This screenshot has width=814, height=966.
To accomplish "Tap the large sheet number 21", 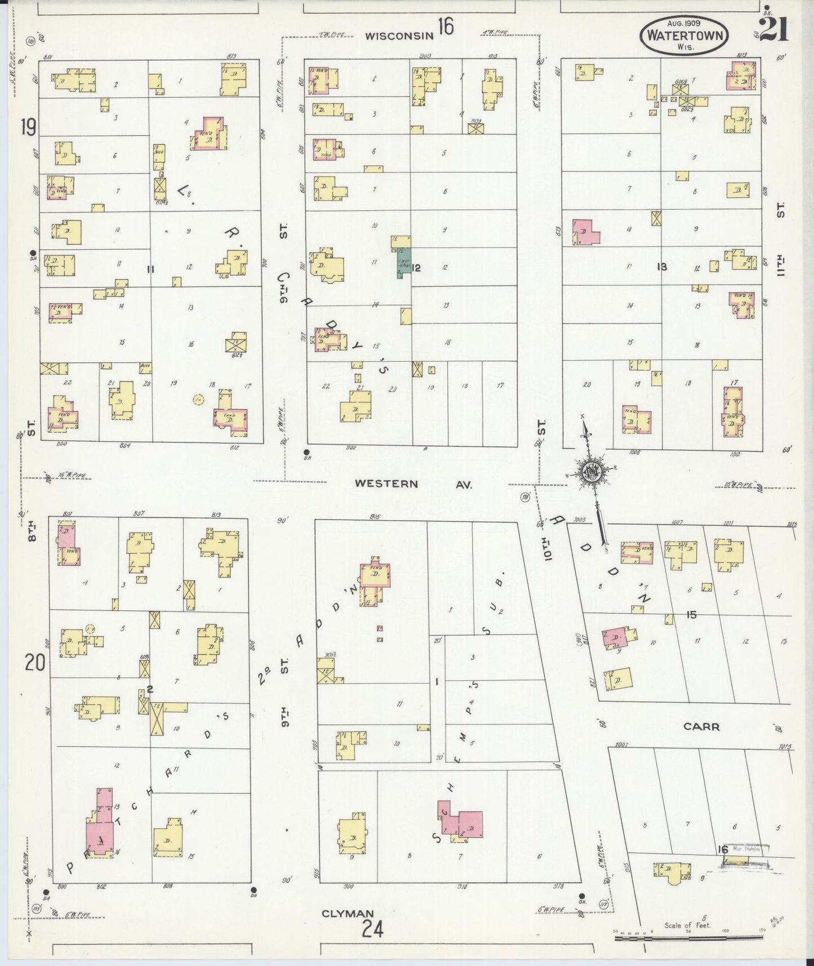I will coord(773,29).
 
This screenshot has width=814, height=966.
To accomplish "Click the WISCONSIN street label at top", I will coord(398,36).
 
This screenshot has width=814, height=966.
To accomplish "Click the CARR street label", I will coord(701,726).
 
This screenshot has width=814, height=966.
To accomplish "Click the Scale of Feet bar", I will coord(687,939).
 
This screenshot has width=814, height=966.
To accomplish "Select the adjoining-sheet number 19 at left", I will coord(28,127).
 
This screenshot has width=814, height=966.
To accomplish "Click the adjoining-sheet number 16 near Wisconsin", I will coord(444,26).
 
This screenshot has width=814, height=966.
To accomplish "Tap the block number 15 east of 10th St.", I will coord(691,615).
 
